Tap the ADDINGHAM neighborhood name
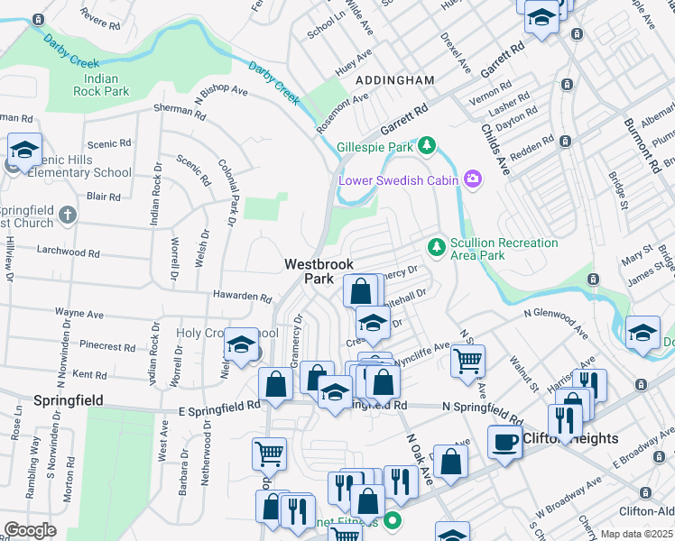[395, 80]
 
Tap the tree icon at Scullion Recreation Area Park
[436, 246]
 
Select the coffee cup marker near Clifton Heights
[504, 442]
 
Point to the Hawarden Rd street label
[242, 297]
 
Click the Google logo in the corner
[30, 530]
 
